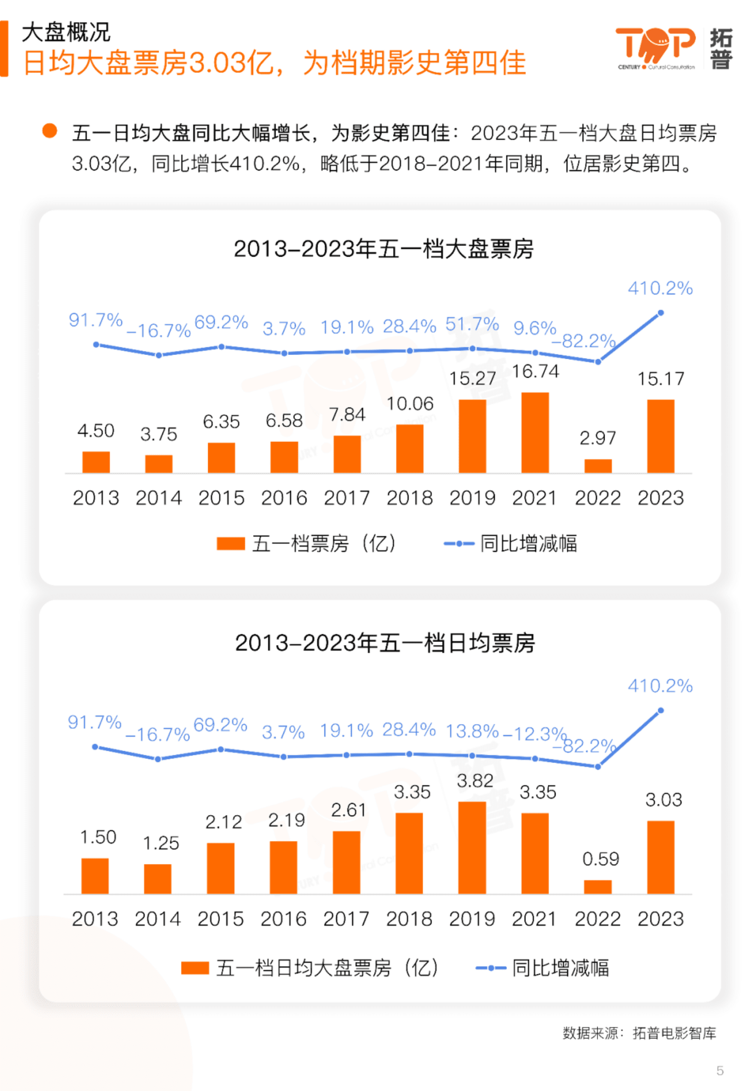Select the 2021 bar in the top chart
tap(535, 432)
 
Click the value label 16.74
tap(535, 371)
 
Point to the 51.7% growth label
tap(472, 324)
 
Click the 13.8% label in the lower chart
tap(472, 731)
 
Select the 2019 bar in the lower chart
tap(472, 847)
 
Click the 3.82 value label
tap(475, 781)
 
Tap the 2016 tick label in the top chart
tap(284, 498)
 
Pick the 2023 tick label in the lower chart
tap(660, 919)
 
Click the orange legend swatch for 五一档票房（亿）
tap(231, 544)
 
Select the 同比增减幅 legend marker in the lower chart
tap(490, 968)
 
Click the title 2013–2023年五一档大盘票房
tap(383, 249)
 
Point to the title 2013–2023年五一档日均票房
tap(385, 643)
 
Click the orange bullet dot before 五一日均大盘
tap(50, 131)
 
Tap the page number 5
tap(720, 1070)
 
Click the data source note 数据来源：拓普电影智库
tap(639, 1032)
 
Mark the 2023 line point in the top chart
tap(660, 313)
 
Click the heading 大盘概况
tap(66, 33)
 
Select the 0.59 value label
tap(600, 859)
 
